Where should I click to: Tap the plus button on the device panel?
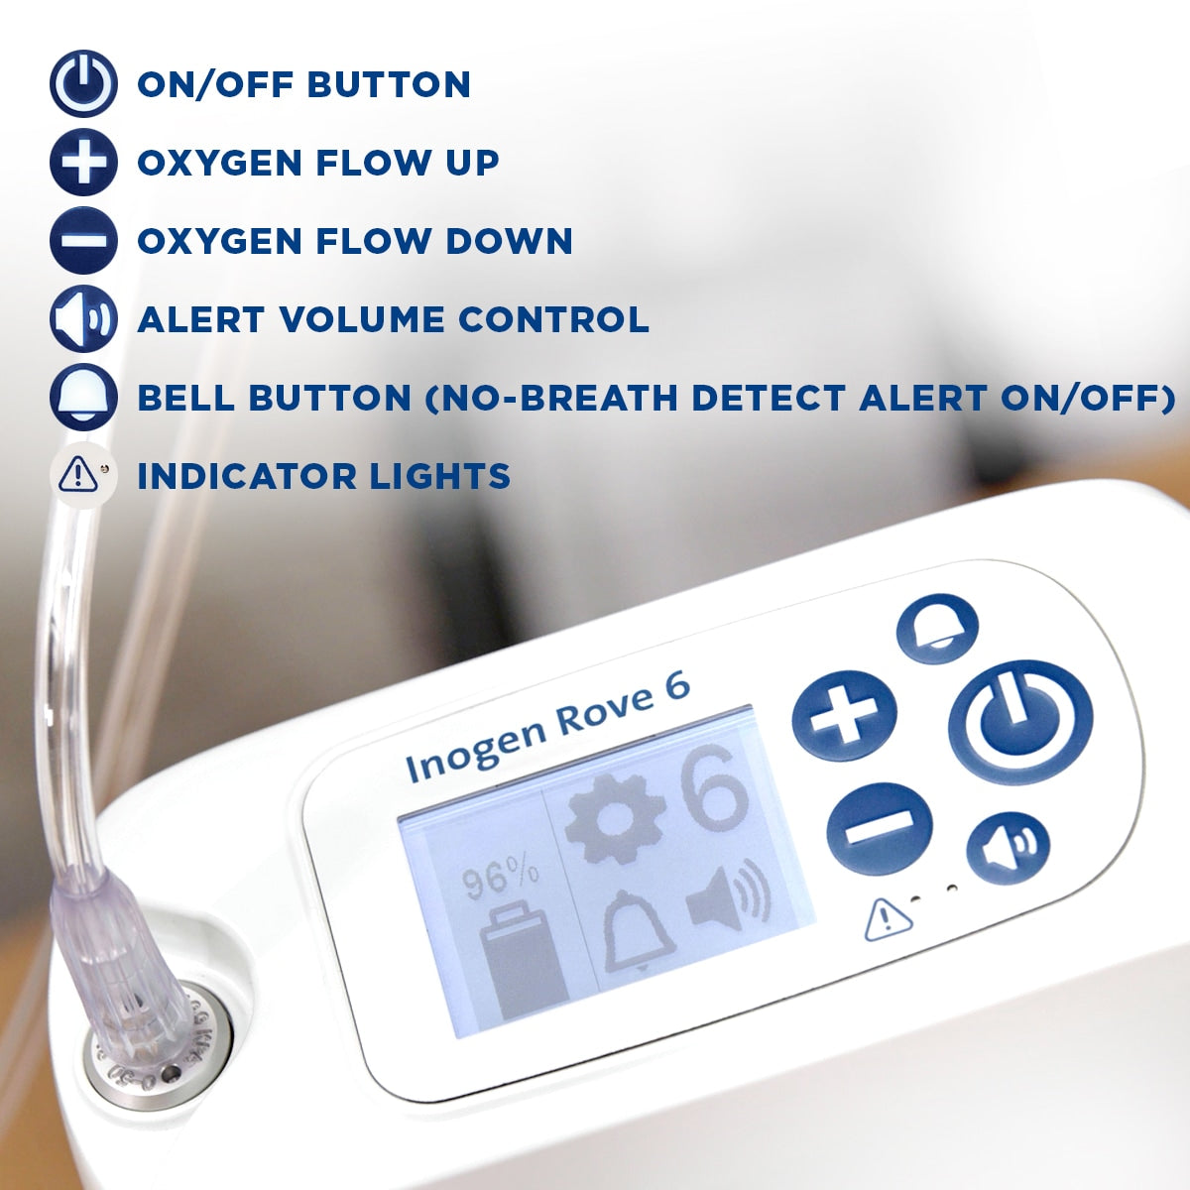[x=844, y=716]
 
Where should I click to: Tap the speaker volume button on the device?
[x=1009, y=850]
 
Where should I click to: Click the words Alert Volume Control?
[x=393, y=319]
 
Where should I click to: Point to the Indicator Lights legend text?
[x=323, y=476]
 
